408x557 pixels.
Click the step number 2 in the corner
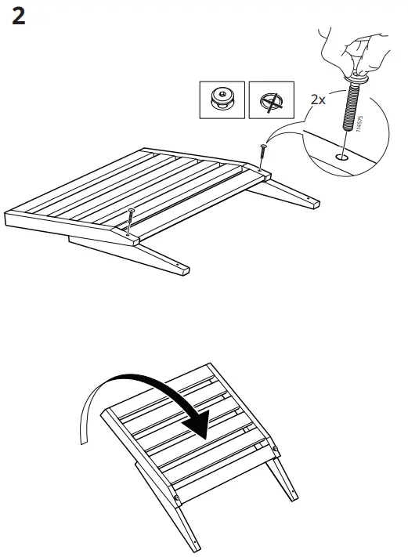pos(19,16)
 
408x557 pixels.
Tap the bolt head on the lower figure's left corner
pos(178,498)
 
